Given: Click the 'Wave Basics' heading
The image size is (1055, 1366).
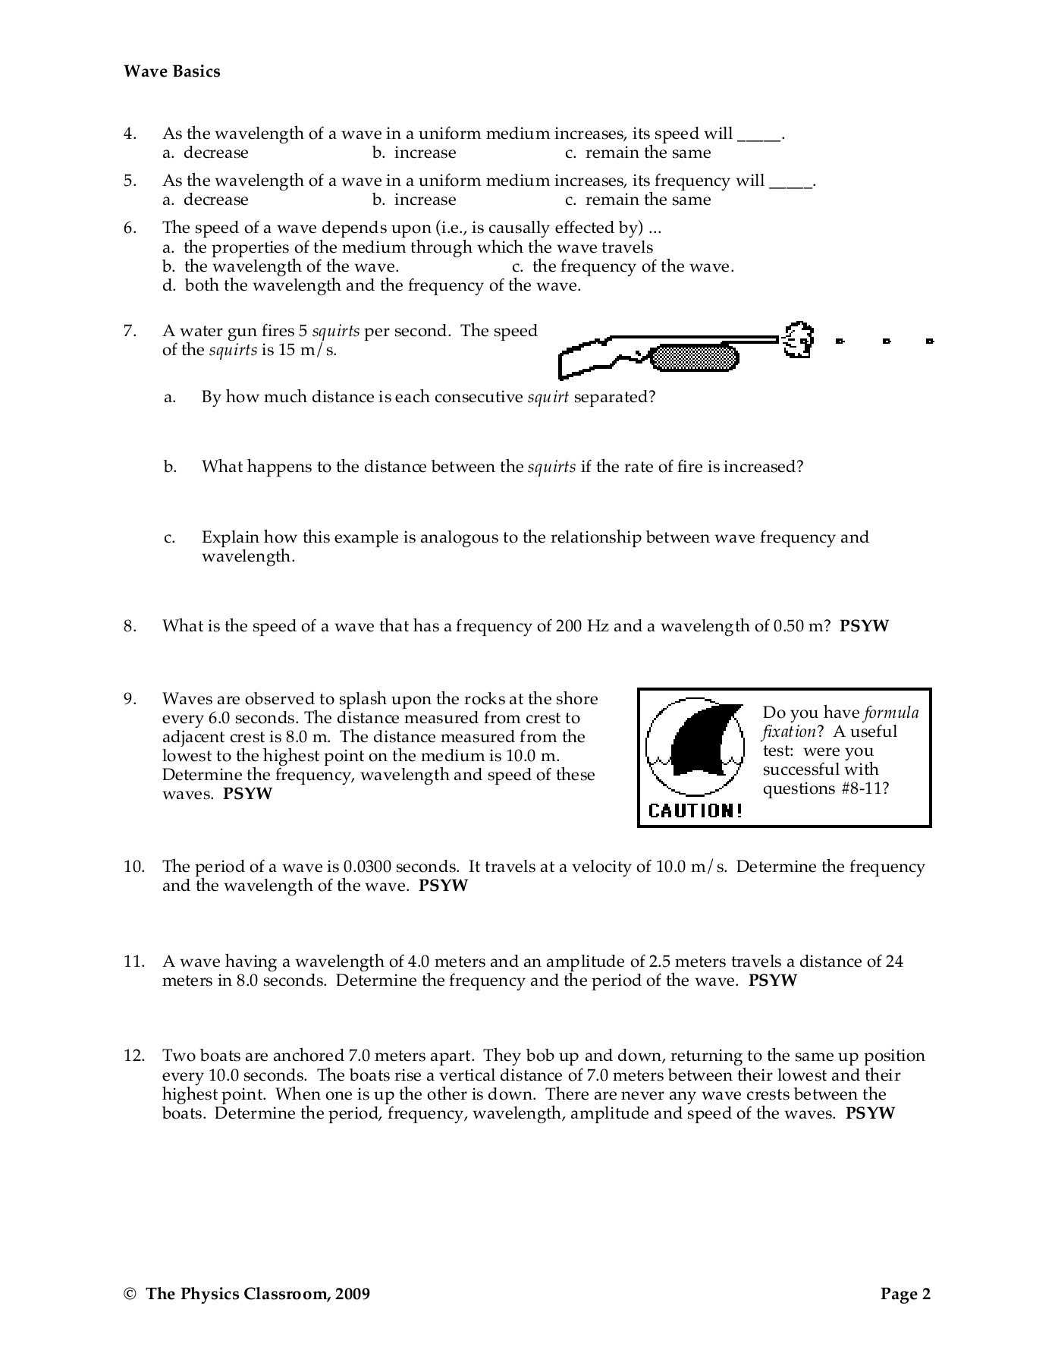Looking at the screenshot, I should pyautogui.click(x=172, y=71).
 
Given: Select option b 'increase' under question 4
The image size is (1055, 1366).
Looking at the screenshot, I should pyautogui.click(x=414, y=153).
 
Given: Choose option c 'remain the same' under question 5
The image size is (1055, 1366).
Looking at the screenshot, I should pyautogui.click(x=638, y=200).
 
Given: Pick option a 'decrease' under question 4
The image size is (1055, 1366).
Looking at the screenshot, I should pyautogui.click(x=206, y=153).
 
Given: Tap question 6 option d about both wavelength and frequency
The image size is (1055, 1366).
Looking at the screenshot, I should pyautogui.click(x=372, y=285).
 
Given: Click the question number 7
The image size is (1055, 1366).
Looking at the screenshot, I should pyautogui.click(x=130, y=331).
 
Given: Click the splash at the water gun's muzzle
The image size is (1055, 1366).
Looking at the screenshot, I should pyautogui.click(x=798, y=340).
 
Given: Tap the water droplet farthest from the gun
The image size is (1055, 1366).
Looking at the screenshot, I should pyautogui.click(x=930, y=341).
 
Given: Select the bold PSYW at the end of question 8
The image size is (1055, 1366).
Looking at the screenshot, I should pyautogui.click(x=864, y=626).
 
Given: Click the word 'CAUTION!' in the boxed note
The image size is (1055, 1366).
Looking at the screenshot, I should pyautogui.click(x=695, y=810).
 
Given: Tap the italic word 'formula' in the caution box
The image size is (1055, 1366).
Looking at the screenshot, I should pyautogui.click(x=891, y=713).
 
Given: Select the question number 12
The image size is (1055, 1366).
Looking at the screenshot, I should pyautogui.click(x=133, y=1056).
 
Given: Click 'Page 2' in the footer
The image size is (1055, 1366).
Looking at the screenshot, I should pyautogui.click(x=905, y=1294).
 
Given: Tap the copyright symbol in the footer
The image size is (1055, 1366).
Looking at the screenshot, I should pyautogui.click(x=129, y=1295).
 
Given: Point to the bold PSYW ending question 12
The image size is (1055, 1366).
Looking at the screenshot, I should pyautogui.click(x=870, y=1113).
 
